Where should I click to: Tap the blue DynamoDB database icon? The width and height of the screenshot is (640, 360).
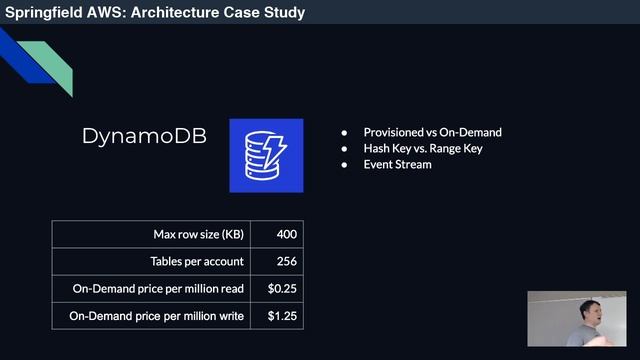click(266, 155)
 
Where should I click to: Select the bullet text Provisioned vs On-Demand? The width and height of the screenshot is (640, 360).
click(432, 132)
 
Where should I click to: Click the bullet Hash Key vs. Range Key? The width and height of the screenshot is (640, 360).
click(423, 148)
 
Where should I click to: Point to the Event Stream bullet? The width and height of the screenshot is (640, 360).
click(397, 164)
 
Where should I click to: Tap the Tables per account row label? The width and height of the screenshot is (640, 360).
click(195, 262)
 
